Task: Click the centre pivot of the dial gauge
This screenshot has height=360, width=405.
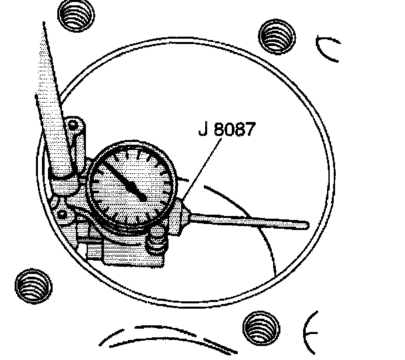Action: click(x=143, y=195)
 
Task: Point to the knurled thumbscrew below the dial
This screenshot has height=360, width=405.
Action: click(x=157, y=237)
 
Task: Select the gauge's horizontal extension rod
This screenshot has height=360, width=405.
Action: click(x=253, y=219)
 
